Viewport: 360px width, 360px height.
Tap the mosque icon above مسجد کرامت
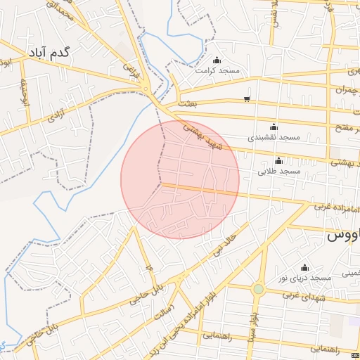(216, 60)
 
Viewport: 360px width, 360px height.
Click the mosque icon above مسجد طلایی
(279, 160)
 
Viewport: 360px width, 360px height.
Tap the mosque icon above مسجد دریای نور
(304, 267)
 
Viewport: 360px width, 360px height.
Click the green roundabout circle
(258, 288)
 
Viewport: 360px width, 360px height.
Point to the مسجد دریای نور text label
(303, 279)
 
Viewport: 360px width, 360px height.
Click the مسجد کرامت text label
(217, 71)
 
